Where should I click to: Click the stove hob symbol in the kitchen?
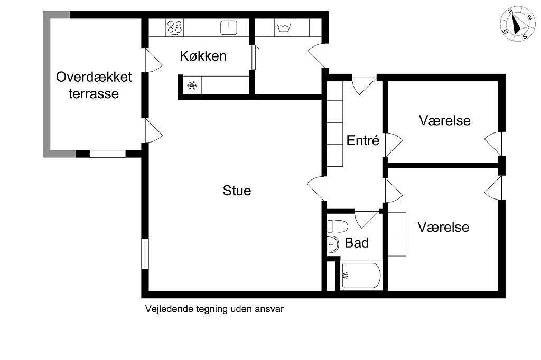click(x=174, y=27)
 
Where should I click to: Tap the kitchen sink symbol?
click(x=229, y=27)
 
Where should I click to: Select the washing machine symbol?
click(x=284, y=27)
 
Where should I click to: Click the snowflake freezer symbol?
click(x=192, y=85)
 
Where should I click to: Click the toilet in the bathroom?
click(x=337, y=226)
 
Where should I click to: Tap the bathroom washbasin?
click(x=333, y=244)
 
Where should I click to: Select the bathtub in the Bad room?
click(x=361, y=276)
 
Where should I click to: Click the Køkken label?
click(x=203, y=56)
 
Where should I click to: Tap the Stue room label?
click(x=237, y=191)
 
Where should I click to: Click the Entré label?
click(x=362, y=140)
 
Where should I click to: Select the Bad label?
click(x=357, y=243)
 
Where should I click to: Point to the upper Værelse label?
click(x=445, y=120)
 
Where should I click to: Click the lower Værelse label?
click(x=443, y=227)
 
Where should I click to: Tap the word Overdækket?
click(x=94, y=77)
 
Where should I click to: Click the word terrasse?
click(x=94, y=93)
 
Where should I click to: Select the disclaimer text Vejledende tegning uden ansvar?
click(x=214, y=309)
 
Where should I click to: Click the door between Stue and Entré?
click(x=316, y=188)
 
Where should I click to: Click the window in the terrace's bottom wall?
click(x=108, y=154)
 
